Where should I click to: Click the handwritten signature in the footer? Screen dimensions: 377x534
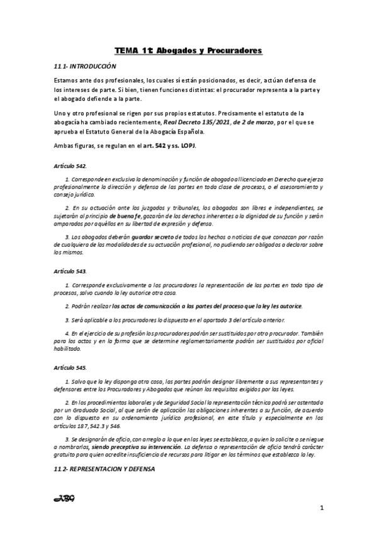click(65, 499)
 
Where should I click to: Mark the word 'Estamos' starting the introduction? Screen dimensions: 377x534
click(66, 80)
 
